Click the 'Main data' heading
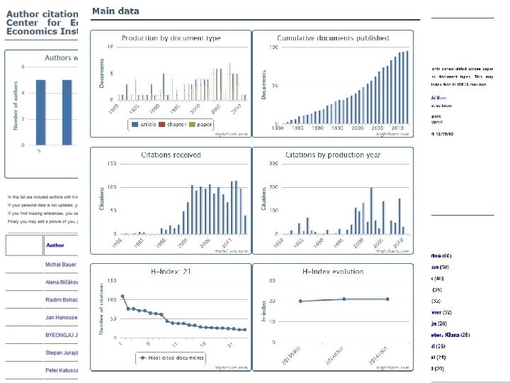point(115,11)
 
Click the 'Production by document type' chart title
point(171,38)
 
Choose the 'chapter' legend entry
point(175,124)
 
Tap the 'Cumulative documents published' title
point(333,38)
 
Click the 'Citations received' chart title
point(171,155)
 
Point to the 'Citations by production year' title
point(332,155)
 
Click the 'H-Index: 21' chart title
point(171,271)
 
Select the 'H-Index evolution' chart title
point(332,271)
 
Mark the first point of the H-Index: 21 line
point(122,296)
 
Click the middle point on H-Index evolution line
point(344,299)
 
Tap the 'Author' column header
point(55,246)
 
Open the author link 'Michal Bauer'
point(62,265)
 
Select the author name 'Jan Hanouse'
point(62,317)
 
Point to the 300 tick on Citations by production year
point(272,164)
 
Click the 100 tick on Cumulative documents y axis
point(273,48)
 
